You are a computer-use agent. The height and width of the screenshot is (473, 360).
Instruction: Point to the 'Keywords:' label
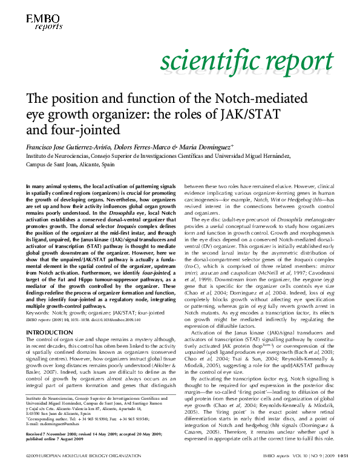38,312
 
